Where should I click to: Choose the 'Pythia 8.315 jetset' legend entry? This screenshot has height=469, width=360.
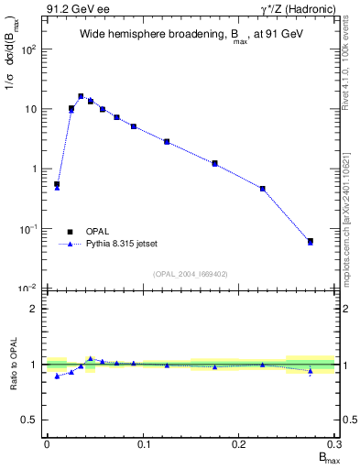click(125, 245)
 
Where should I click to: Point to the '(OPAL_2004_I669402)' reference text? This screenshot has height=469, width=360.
click(190, 273)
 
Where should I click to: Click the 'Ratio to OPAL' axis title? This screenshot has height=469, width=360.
click(12, 365)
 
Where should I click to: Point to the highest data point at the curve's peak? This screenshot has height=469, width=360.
click(81, 95)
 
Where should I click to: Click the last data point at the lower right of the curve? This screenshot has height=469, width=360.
click(311, 241)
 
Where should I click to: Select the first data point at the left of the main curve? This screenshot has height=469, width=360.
click(57, 184)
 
